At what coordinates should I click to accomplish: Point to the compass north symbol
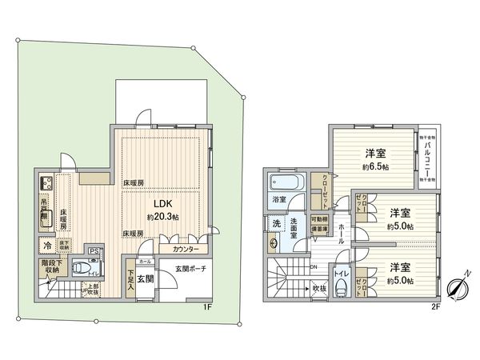pos(457,288)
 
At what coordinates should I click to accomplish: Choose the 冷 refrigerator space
pos(47,246)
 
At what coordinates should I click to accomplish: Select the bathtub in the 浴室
pos(284,182)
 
